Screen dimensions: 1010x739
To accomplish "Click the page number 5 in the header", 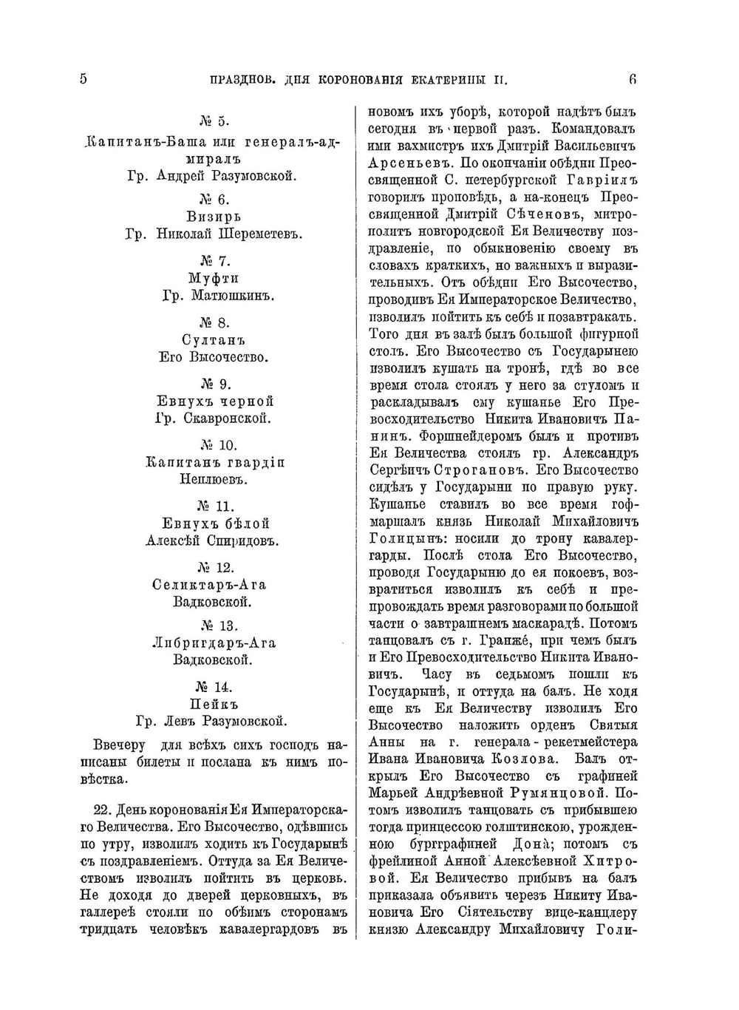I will [x=83, y=78].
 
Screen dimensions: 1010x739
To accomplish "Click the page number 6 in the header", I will [x=633, y=78].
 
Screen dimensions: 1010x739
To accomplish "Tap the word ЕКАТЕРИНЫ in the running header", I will [x=459, y=80].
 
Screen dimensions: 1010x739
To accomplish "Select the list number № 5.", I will [x=215, y=121].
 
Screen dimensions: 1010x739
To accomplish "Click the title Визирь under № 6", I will [x=214, y=217].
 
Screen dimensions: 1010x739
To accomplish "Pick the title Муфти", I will [x=214, y=278].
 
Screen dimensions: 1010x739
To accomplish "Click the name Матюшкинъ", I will [x=232, y=296].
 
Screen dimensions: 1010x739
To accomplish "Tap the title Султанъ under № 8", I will [x=214, y=340].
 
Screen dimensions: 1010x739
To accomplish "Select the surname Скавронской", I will [x=232, y=418].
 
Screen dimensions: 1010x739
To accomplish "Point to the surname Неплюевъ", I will [x=214, y=479].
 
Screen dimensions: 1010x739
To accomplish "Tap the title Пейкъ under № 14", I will [x=214, y=704].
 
